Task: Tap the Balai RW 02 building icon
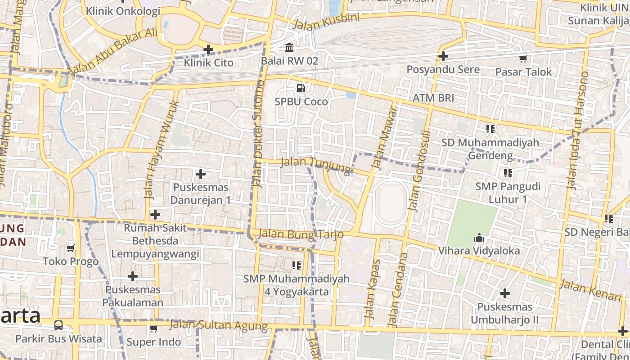(x=289, y=47)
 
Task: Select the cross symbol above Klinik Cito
(x=208, y=49)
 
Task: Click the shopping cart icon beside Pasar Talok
(x=523, y=58)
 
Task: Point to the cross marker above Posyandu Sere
(x=443, y=56)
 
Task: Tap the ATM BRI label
(x=433, y=98)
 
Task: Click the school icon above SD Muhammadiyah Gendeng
(x=490, y=129)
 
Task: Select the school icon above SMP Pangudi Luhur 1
(x=508, y=173)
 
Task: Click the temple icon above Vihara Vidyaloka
(x=479, y=237)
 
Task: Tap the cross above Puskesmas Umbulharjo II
(x=505, y=294)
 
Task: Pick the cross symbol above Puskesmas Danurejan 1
(x=201, y=174)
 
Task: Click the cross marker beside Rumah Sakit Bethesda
(x=155, y=215)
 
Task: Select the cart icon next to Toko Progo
(x=71, y=248)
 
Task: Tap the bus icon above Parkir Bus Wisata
(x=58, y=325)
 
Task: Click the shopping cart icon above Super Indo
(x=153, y=328)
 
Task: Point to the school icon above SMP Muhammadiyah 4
(x=296, y=265)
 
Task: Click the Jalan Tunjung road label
(x=315, y=165)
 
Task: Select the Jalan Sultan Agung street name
(x=218, y=325)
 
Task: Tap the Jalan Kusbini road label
(x=326, y=21)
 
